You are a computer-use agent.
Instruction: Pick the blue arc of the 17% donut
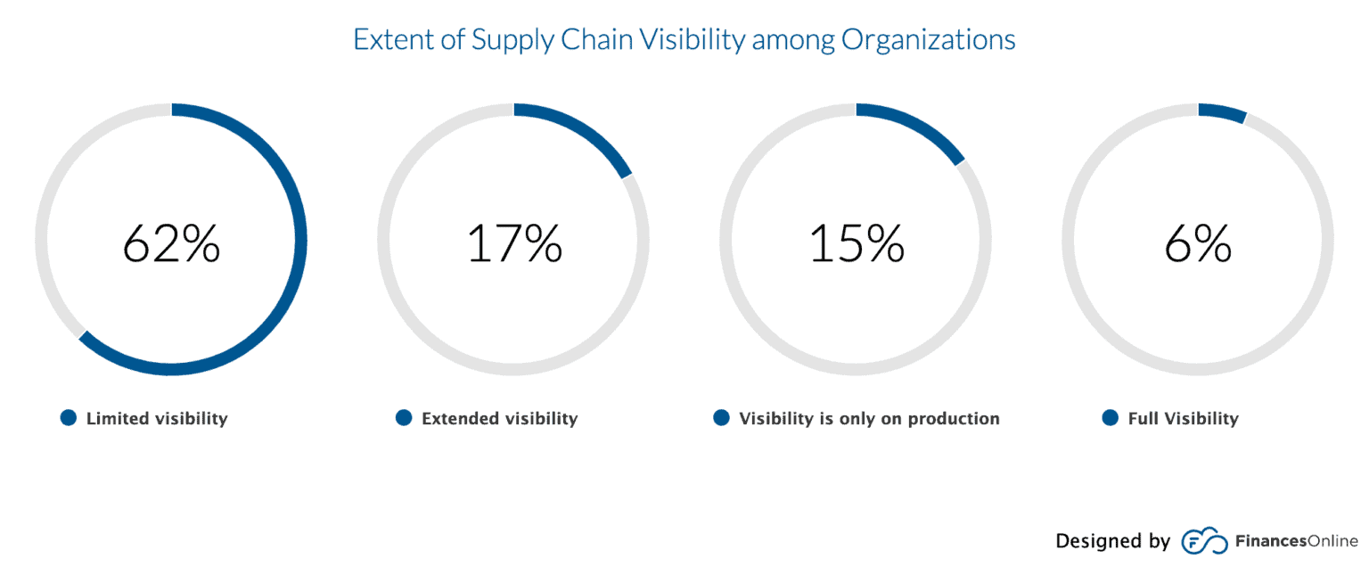579,130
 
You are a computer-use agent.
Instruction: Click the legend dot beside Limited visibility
69,418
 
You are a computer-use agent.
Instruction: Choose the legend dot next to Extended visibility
404,418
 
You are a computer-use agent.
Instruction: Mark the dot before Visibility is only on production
722,418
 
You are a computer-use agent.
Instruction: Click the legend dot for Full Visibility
1111,418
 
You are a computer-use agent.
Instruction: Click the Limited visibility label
157,418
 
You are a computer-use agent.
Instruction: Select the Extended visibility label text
499,418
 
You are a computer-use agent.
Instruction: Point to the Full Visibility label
1183,418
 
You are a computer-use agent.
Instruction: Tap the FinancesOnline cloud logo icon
1203,541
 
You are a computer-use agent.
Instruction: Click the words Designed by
1112,541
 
